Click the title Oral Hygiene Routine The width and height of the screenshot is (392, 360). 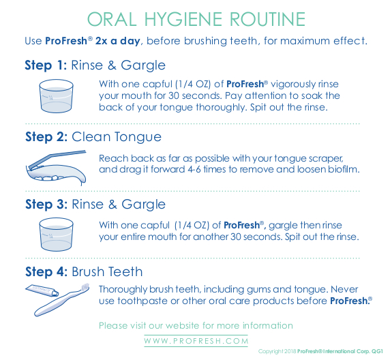pos(196,18)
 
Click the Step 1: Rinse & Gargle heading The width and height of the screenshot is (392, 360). pos(95,65)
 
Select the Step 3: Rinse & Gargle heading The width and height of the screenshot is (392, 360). pos(95,204)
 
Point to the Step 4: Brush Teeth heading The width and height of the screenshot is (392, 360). pos(84,271)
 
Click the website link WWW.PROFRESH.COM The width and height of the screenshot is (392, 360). pos(196,340)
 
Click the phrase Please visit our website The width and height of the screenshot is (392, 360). pos(155,325)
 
